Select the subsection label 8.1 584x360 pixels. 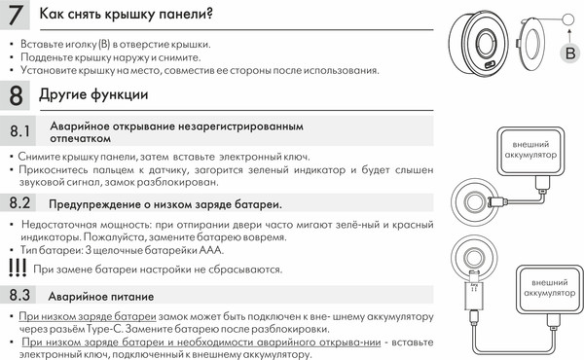pyautogui.click(x=21, y=131)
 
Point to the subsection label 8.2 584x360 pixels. pyautogui.click(x=21, y=203)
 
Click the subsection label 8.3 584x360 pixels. pyautogui.click(x=21, y=293)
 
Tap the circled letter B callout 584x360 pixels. pyautogui.click(x=570, y=53)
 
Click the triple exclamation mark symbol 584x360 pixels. pyautogui.click(x=16, y=267)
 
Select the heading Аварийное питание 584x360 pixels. pyautogui.click(x=101, y=294)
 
